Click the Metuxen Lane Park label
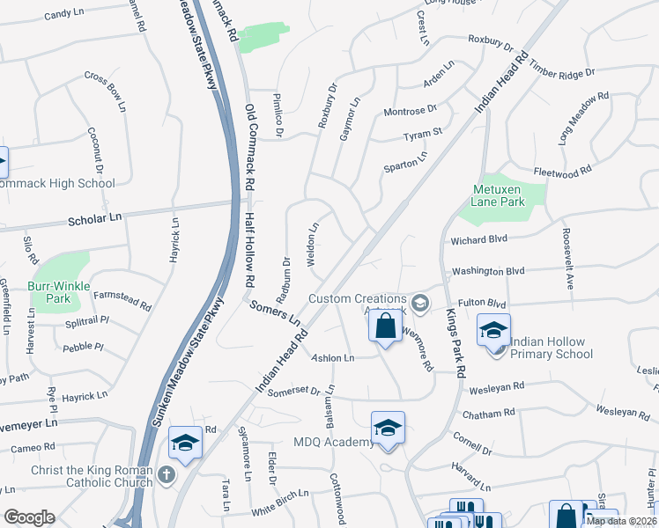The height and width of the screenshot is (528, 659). coord(499,195)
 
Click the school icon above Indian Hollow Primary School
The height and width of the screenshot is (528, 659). coord(493,330)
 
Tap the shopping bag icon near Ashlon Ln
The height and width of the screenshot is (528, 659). coord(385,327)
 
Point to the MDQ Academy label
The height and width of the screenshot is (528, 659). coord(335,441)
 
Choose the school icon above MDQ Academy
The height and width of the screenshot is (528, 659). coord(387,428)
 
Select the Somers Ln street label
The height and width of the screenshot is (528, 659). coord(275,312)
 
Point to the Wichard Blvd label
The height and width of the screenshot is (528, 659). coord(478,238)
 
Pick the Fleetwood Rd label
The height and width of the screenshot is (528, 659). coord(562,173)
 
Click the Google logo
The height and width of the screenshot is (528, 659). coord(29,517)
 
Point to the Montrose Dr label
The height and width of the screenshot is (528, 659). coord(410,111)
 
